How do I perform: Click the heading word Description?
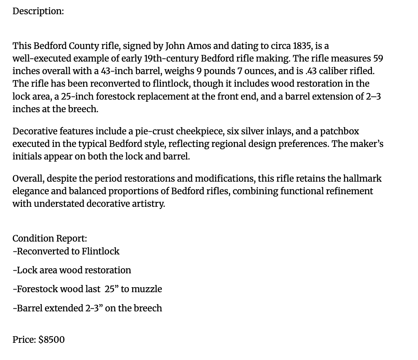(38, 11)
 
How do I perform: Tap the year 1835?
(301, 46)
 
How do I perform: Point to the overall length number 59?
(378, 59)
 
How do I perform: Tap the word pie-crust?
(154, 131)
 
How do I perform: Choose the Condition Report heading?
(50, 239)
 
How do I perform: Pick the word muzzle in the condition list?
(146, 289)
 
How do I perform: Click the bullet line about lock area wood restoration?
(72, 270)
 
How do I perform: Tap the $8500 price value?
(52, 340)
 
